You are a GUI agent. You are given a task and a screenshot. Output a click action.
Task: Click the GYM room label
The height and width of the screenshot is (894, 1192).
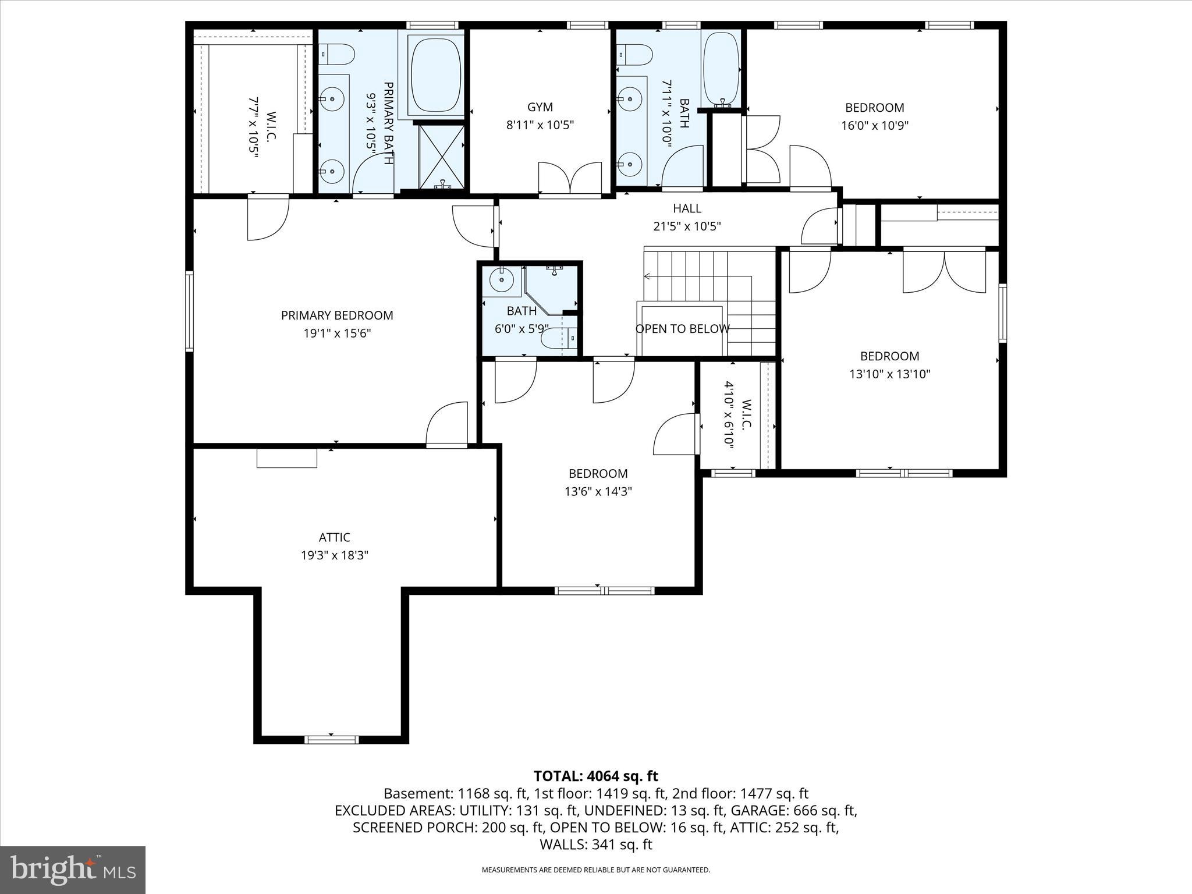click(540, 107)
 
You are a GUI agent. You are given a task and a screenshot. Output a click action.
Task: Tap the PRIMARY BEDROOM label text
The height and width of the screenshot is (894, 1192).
click(337, 315)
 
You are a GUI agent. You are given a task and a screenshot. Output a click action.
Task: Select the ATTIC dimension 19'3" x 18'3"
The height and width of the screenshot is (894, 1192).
click(334, 555)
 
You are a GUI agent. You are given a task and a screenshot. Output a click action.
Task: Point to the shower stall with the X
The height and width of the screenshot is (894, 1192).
click(442, 155)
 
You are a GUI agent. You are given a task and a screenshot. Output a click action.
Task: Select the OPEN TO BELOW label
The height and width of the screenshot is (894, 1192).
click(682, 329)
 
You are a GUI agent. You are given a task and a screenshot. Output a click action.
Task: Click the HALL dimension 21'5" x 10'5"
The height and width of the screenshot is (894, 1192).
click(687, 226)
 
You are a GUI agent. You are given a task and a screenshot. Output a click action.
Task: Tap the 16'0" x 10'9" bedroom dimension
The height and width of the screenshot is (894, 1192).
click(874, 125)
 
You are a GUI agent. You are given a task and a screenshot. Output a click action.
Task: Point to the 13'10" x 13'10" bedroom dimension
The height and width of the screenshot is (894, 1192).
click(889, 374)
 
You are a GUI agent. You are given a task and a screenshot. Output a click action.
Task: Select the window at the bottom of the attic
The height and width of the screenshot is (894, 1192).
click(331, 740)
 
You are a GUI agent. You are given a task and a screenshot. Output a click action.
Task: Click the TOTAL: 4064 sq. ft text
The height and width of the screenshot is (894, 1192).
click(595, 776)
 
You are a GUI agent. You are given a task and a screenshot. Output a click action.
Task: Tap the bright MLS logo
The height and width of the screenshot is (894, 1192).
click(73, 870)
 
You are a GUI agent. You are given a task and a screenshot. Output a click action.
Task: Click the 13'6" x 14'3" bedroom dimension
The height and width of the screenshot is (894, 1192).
click(598, 492)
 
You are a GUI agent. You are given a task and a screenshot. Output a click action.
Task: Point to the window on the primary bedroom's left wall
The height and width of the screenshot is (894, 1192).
click(189, 311)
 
